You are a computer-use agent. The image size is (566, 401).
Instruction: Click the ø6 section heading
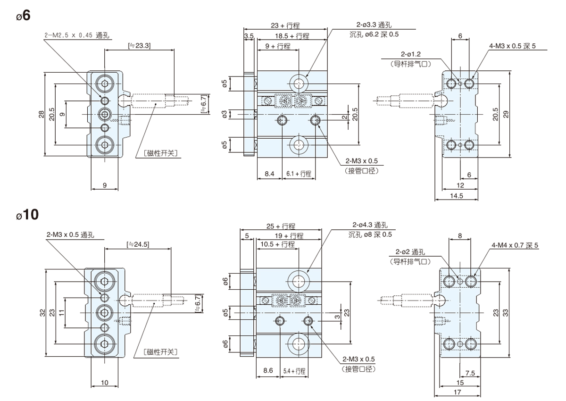coord(23,15)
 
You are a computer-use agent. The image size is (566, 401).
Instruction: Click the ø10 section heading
coord(26,215)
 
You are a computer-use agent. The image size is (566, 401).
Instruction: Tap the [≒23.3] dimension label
coord(139,46)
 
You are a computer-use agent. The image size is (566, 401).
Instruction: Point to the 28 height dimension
coord(41,114)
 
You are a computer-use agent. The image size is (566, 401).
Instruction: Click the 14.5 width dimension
coord(457,195)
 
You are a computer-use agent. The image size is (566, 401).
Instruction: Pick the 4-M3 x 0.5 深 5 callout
coord(513,46)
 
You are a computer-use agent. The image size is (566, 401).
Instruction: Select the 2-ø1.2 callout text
coord(410,54)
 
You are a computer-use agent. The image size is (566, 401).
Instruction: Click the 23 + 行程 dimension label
coord(285,26)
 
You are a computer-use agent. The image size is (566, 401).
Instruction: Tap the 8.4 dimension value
coord(269,174)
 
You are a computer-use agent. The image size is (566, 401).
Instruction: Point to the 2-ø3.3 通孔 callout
coord(375,26)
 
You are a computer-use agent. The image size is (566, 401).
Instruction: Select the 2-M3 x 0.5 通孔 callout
coord(71,234)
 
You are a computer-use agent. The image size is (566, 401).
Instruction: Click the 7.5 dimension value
coord(470,372)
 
